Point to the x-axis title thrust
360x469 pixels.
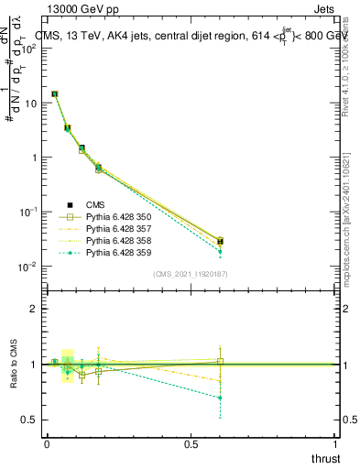tap(325, 458)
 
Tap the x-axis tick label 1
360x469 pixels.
tap(336, 444)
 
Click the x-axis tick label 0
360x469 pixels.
tap(47, 444)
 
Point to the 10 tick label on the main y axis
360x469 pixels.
tap(30, 103)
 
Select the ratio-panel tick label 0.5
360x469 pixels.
tap(30, 419)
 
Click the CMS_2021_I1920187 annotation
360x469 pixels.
tap(191, 274)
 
